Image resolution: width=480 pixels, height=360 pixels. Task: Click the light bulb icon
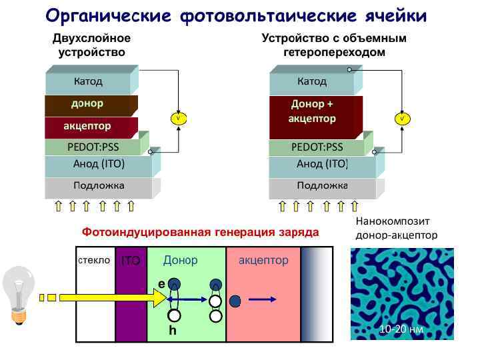(19, 294)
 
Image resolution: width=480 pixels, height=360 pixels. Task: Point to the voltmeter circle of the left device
(178, 118)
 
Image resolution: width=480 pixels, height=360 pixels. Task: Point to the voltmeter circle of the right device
(402, 118)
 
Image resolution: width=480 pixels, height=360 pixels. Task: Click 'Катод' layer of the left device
(88, 82)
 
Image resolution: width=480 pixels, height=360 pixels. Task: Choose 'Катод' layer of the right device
(312, 82)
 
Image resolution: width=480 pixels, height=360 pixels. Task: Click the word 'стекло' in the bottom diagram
(93, 260)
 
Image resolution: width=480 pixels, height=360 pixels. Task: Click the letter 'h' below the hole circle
(173, 331)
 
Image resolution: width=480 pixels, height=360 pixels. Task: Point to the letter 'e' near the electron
(161, 283)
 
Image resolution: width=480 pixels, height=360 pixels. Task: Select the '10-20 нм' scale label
(401, 329)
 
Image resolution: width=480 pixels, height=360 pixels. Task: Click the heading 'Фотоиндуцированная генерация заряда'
(200, 232)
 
